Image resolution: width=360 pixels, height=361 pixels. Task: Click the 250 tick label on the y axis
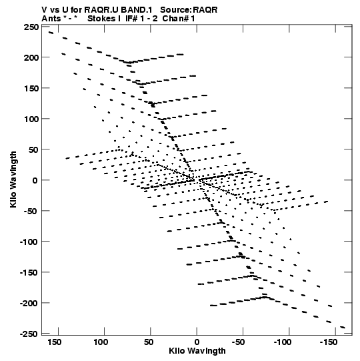(31, 27)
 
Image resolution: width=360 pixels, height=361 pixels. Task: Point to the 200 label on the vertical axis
(31, 57)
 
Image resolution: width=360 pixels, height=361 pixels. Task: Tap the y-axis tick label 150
(31, 88)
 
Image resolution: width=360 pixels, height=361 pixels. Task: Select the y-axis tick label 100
(31, 119)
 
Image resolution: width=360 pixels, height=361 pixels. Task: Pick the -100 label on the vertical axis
(29, 242)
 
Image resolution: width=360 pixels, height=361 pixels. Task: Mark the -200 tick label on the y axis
(29, 303)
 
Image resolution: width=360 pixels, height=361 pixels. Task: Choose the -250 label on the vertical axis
(29, 334)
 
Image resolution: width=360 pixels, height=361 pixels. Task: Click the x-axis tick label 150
(55, 342)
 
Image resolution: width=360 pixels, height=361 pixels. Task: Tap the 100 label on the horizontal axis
(101, 342)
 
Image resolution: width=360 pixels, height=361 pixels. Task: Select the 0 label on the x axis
(197, 342)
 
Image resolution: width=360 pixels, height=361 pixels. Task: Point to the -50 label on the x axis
(238, 342)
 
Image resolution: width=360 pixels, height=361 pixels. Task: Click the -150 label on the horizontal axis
(329, 342)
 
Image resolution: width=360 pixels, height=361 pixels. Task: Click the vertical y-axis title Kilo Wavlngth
(13, 179)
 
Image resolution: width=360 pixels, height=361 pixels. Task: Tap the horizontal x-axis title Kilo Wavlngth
(197, 351)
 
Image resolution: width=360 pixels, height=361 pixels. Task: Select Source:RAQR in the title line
(189, 10)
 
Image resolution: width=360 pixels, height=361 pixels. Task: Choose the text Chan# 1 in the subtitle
(179, 19)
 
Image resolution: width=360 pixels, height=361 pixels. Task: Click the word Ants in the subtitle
(51, 19)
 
